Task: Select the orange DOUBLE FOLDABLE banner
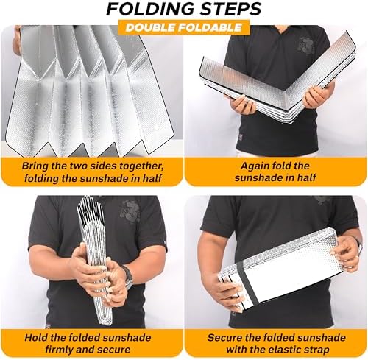(184, 27)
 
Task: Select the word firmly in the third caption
(59, 350)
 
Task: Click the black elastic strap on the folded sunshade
(247, 282)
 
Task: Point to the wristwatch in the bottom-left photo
(127, 274)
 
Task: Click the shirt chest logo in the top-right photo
(306, 45)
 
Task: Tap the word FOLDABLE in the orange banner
(210, 27)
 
